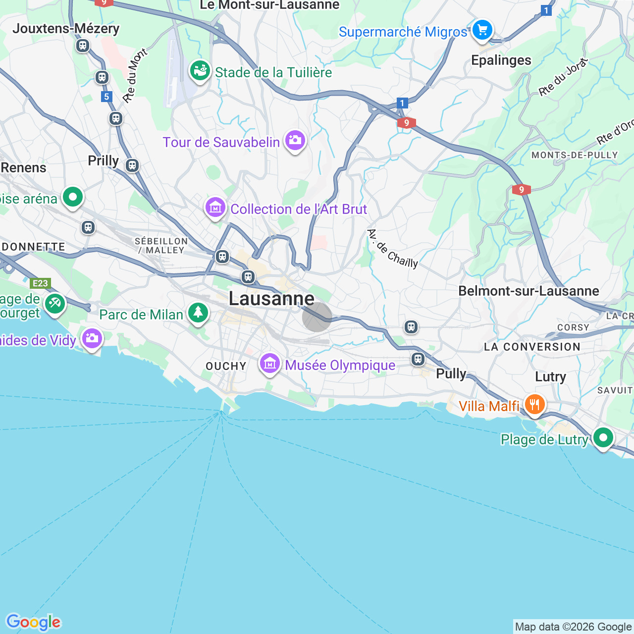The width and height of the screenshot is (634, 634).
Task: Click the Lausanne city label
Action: point(271,299)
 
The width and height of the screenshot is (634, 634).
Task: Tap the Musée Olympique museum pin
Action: point(270,364)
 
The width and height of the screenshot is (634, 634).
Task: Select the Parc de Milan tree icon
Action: point(198,313)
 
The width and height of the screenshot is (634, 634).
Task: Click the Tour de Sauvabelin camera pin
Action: point(295,141)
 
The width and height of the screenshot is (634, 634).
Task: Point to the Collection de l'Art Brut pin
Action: point(215,208)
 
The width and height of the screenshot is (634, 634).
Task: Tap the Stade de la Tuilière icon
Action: point(200,71)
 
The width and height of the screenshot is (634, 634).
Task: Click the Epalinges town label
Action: point(501,60)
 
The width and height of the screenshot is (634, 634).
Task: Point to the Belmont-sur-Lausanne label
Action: point(528,291)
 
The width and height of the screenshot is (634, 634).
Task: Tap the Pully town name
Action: point(451,373)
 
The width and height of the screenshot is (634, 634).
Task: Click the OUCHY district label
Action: point(226,366)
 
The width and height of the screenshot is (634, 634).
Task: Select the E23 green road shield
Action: point(40,283)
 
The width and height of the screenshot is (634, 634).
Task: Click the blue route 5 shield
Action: point(106,97)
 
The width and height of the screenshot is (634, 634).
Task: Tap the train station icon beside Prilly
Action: point(132,165)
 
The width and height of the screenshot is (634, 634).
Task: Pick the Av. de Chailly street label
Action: point(393,249)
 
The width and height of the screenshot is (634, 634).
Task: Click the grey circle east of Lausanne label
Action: point(317,317)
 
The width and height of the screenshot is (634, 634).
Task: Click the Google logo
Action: point(33,622)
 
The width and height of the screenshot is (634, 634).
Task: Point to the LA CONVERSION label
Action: point(532,347)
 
